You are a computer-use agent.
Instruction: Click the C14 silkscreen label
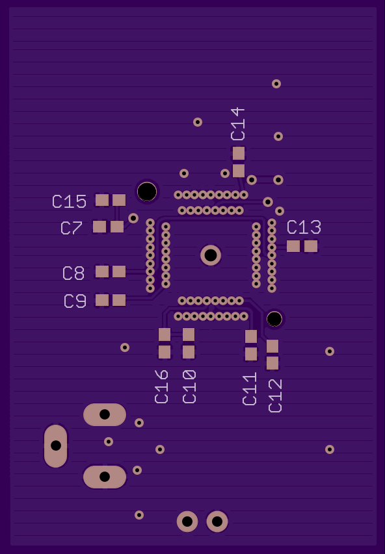238,124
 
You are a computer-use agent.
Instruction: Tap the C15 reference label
70,201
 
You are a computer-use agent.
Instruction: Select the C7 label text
72,228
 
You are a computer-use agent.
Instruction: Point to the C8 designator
73,273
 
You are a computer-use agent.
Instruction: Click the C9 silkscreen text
75,301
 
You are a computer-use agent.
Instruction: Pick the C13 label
304,227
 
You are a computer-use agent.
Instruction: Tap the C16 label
161,386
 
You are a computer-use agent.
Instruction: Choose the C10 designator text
189,386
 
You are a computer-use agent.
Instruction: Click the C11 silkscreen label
250,388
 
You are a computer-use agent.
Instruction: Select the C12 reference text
275,396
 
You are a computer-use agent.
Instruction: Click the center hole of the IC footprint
211,255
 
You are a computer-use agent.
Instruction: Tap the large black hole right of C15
147,192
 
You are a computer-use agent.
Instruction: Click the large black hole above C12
274,319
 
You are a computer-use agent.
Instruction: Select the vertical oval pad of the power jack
55,446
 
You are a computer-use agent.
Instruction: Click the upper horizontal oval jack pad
105,414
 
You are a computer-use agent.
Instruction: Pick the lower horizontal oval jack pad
105,477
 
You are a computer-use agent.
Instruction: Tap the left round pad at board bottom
187,521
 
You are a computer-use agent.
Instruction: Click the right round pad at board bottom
217,521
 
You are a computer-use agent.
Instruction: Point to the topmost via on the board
276,84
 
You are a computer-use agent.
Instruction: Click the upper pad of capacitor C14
239,154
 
